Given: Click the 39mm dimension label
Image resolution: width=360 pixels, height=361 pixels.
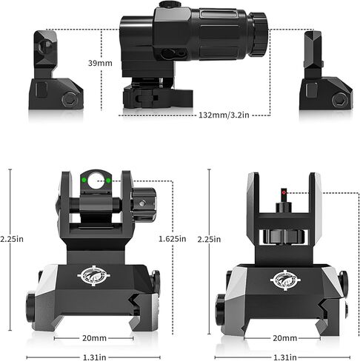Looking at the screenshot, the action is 100,63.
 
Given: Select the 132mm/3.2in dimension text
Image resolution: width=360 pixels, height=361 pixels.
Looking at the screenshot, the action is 224,115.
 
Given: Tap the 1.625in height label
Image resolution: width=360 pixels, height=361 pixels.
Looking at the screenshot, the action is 172,239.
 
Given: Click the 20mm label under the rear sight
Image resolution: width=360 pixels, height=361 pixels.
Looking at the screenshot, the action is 94,338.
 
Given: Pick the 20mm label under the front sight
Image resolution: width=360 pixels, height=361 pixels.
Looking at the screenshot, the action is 284,338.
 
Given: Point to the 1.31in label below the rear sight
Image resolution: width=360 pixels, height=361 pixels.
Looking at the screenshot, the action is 94,357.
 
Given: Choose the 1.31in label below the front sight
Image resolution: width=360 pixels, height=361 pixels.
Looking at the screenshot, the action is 285,357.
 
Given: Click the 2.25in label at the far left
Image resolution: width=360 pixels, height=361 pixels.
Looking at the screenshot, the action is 12,239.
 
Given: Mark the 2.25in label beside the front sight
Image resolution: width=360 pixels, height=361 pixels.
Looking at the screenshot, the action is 209,239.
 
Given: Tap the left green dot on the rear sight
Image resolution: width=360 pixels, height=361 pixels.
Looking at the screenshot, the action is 84,180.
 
